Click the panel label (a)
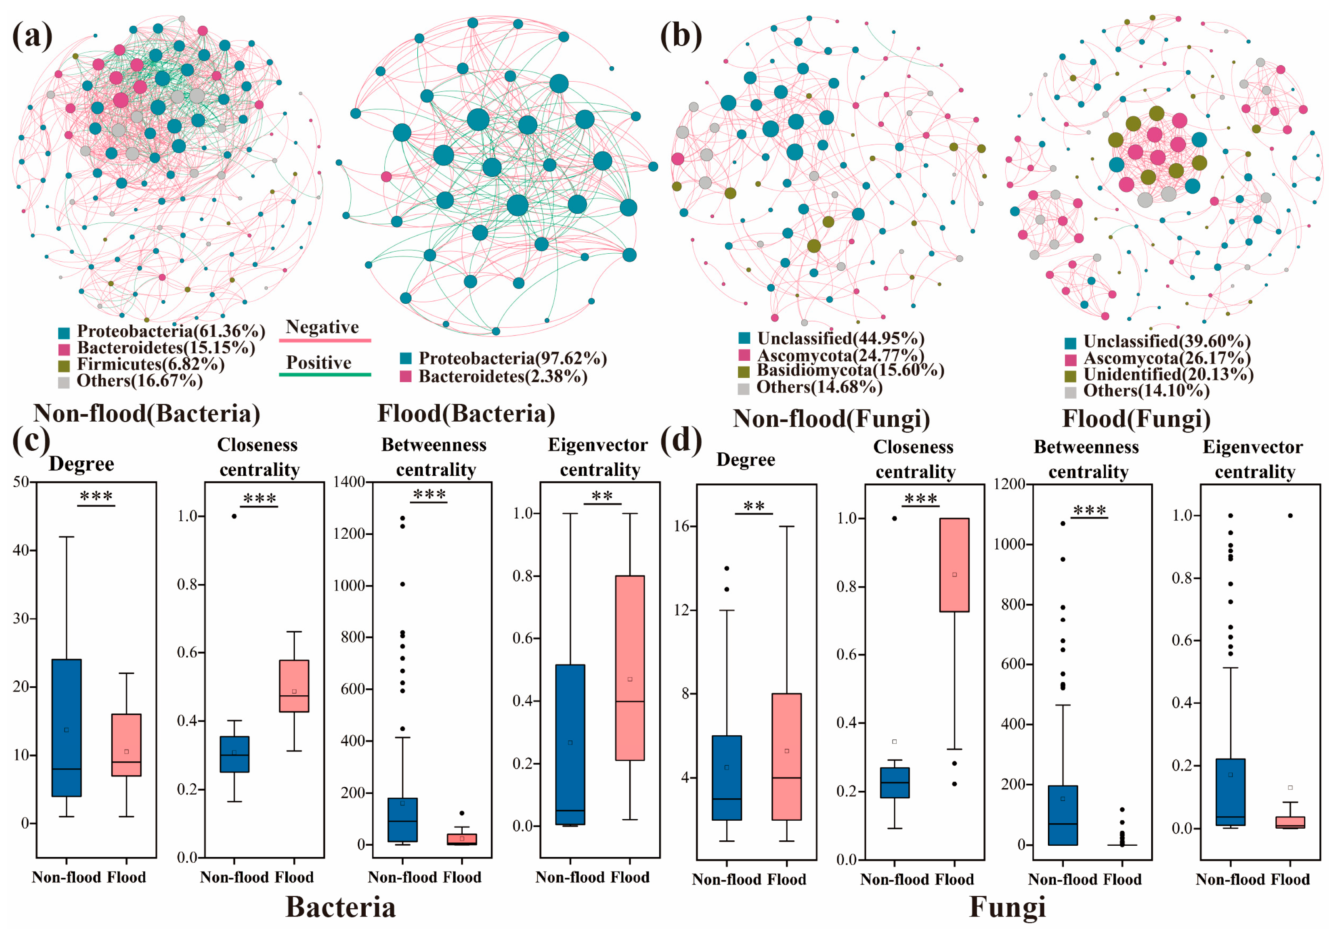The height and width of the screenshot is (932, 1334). click(x=32, y=36)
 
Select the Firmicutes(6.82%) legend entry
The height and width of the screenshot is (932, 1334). click(x=150, y=364)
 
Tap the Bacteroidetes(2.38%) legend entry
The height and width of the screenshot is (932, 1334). click(x=503, y=377)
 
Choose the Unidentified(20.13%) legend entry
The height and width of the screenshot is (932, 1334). click(x=1168, y=375)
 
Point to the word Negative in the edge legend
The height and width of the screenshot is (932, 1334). click(x=322, y=327)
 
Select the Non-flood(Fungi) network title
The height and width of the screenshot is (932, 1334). click(x=831, y=418)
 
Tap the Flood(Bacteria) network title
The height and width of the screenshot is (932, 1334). click(x=466, y=414)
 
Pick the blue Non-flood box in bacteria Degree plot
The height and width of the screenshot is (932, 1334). click(x=66, y=727)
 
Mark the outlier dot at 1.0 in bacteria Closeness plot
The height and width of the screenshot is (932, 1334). click(x=234, y=516)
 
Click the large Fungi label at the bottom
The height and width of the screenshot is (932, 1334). click(x=1007, y=907)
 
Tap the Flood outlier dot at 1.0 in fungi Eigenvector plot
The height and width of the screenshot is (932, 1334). click(x=1290, y=515)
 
